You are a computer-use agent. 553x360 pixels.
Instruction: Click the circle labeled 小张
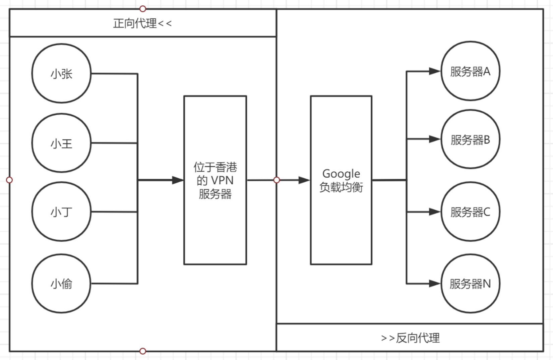[x=61, y=73]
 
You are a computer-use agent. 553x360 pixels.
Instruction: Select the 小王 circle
[x=61, y=143]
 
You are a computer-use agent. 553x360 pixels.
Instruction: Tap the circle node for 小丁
[x=61, y=212]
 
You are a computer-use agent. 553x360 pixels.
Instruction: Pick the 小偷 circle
[x=61, y=284]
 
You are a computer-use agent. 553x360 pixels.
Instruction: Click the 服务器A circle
[x=470, y=71]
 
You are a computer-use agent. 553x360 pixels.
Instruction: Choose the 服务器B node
[x=470, y=139]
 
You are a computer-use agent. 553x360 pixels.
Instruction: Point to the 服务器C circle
[x=470, y=212]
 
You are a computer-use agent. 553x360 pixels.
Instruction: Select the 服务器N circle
[x=470, y=284]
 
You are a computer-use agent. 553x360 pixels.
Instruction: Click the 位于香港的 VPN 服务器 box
[x=215, y=180]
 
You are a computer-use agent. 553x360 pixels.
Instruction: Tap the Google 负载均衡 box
[x=341, y=180]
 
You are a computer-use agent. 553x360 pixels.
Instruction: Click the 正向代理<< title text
[x=142, y=23]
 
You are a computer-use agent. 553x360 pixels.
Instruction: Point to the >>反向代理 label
[x=410, y=338]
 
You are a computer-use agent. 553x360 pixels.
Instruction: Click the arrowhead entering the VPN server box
[x=178, y=180]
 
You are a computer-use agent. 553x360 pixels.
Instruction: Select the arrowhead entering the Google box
[x=304, y=180]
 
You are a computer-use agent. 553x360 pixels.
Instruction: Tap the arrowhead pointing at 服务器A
[x=434, y=71]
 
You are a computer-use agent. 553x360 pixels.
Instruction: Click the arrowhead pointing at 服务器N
[x=434, y=284]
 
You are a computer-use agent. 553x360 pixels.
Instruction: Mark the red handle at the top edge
[x=143, y=9]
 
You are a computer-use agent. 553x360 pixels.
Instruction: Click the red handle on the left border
[x=9, y=180]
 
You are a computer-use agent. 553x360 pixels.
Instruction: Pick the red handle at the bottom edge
[x=143, y=351]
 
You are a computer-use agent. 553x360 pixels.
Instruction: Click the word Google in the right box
[x=341, y=174]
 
